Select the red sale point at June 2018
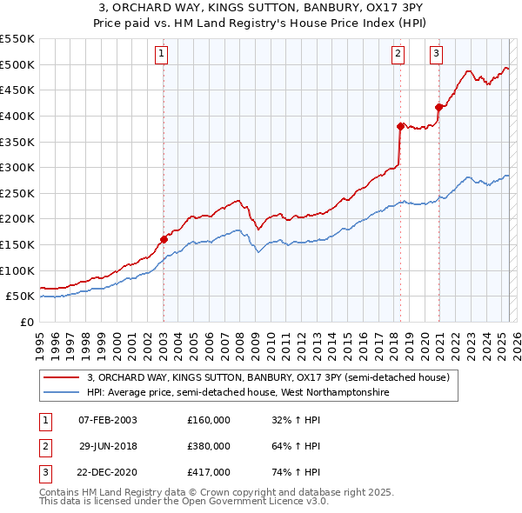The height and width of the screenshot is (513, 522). tap(400, 126)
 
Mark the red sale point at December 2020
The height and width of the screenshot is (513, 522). tap(438, 107)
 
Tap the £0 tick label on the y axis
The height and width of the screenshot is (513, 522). tap(28, 322)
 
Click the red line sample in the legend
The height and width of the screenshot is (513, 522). tap(61, 377)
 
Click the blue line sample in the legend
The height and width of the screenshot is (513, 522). tap(61, 393)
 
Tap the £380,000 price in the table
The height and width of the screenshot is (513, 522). tap(209, 446)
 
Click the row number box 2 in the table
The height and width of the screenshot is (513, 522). tap(43, 446)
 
